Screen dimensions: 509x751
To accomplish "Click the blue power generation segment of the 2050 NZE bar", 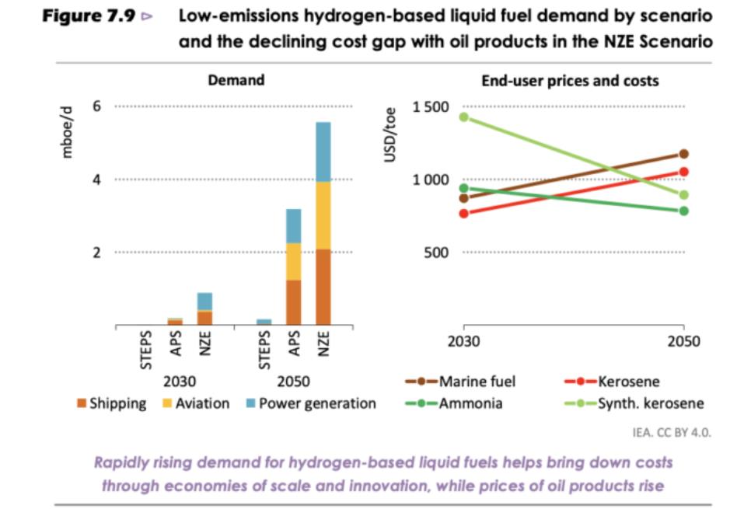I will [323, 152].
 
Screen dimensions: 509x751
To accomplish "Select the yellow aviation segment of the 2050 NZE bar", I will [323, 215].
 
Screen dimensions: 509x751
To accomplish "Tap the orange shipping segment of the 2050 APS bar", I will [293, 302].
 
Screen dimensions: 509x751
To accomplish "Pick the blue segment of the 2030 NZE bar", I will [204, 302].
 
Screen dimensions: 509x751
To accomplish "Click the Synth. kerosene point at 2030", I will [464, 117].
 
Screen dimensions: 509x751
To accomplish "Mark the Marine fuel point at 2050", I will [683, 154].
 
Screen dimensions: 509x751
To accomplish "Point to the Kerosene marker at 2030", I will [464, 213].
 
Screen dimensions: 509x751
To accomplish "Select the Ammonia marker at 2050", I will [683, 211].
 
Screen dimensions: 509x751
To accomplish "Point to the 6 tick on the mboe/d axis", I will [96, 106].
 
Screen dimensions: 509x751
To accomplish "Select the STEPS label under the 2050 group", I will [264, 349].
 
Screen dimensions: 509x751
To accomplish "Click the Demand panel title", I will [236, 80].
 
